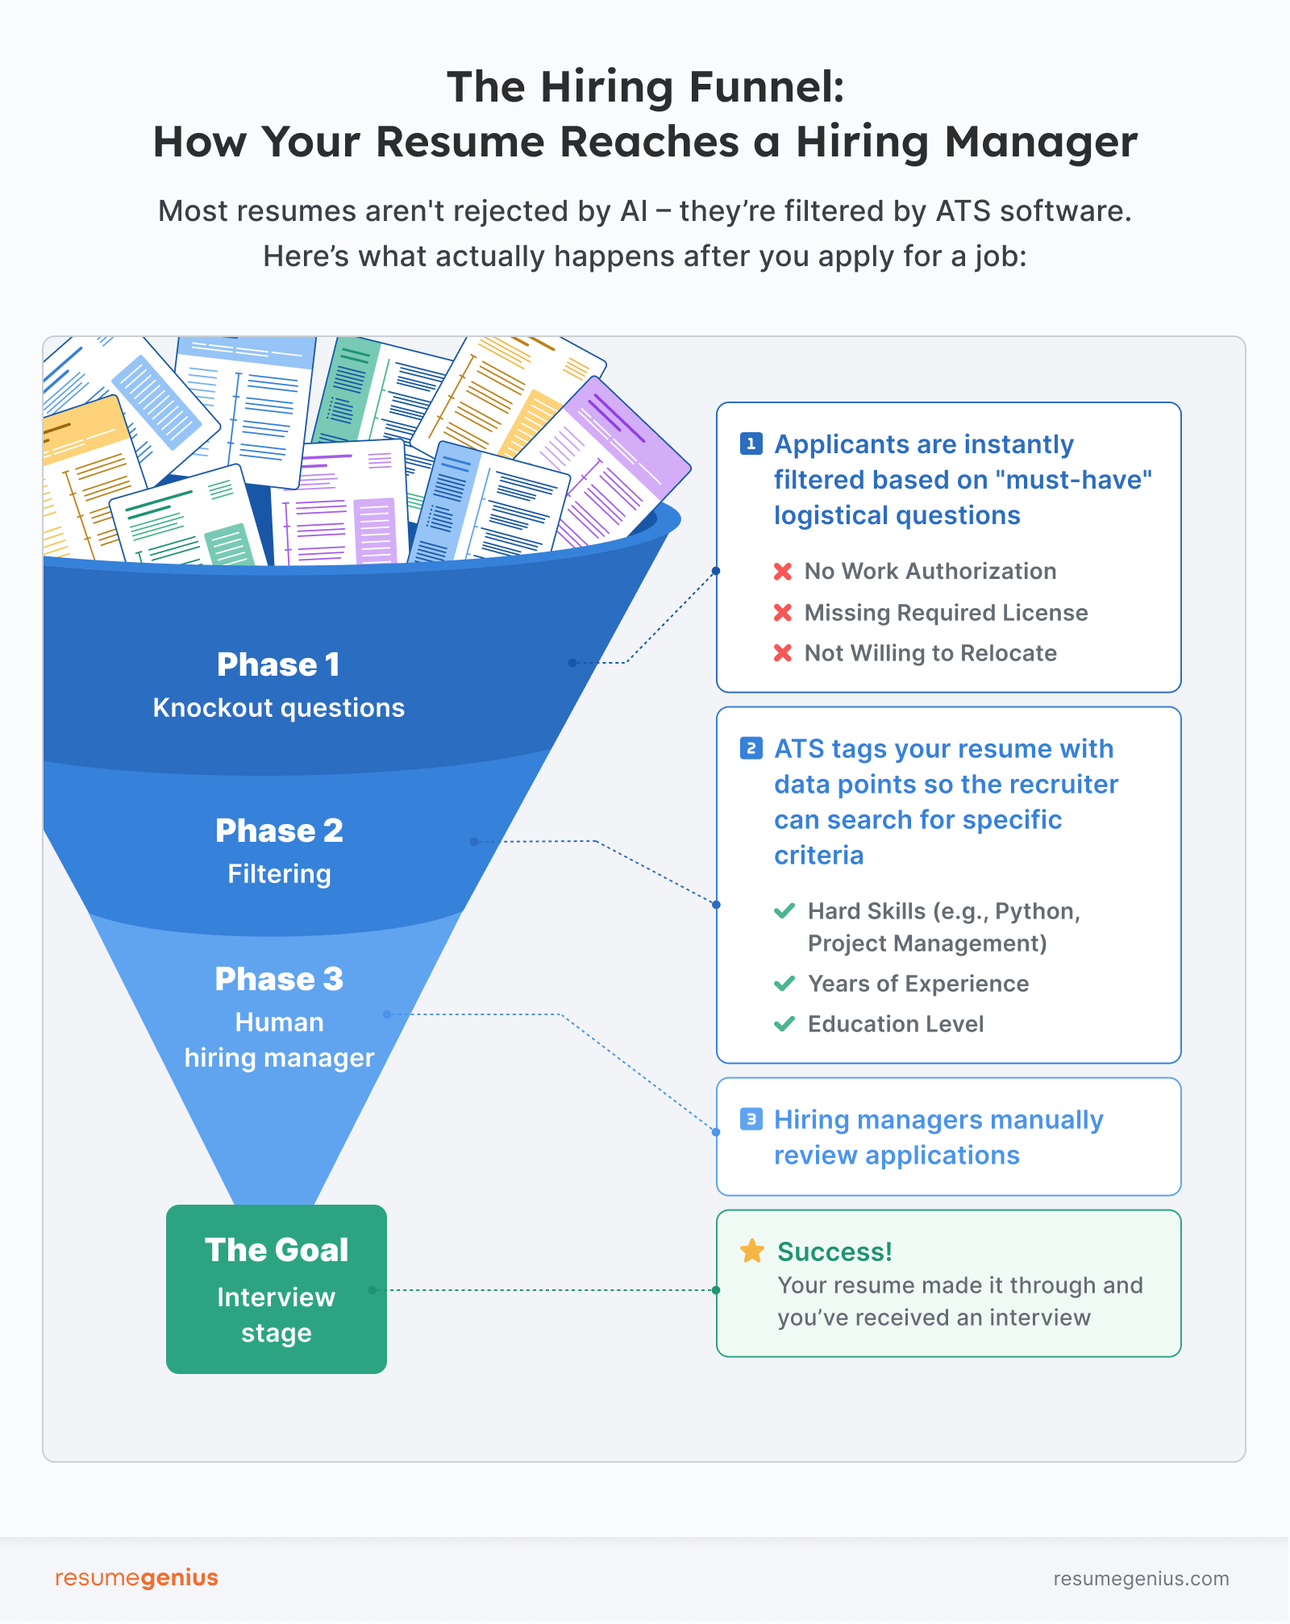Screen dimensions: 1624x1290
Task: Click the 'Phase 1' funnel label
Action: (278, 664)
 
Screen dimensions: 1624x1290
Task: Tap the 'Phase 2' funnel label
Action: (279, 831)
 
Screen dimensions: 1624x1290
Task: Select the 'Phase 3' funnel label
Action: (279, 979)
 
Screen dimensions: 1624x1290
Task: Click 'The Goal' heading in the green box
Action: (277, 1250)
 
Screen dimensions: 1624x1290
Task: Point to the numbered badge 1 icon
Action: (751, 443)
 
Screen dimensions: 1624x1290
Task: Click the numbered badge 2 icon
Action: (751, 748)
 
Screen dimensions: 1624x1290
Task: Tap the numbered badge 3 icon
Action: (751, 1119)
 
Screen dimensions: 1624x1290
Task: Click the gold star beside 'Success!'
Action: (752, 1251)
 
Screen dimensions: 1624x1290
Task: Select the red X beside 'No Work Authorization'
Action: (782, 571)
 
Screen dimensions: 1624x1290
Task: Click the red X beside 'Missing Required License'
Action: (782, 613)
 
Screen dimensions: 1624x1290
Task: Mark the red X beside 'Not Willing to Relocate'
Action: (782, 653)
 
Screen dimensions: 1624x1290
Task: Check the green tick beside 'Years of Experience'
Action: (784, 984)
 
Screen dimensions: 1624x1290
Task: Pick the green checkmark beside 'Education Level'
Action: (784, 1024)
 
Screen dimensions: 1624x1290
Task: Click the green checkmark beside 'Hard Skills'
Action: (784, 911)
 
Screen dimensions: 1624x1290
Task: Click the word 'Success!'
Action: (834, 1251)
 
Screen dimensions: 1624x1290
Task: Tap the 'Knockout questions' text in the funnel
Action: (279, 708)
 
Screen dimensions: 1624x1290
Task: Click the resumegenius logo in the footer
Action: (136, 1577)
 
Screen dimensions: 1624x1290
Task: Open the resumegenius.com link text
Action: (1141, 1579)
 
